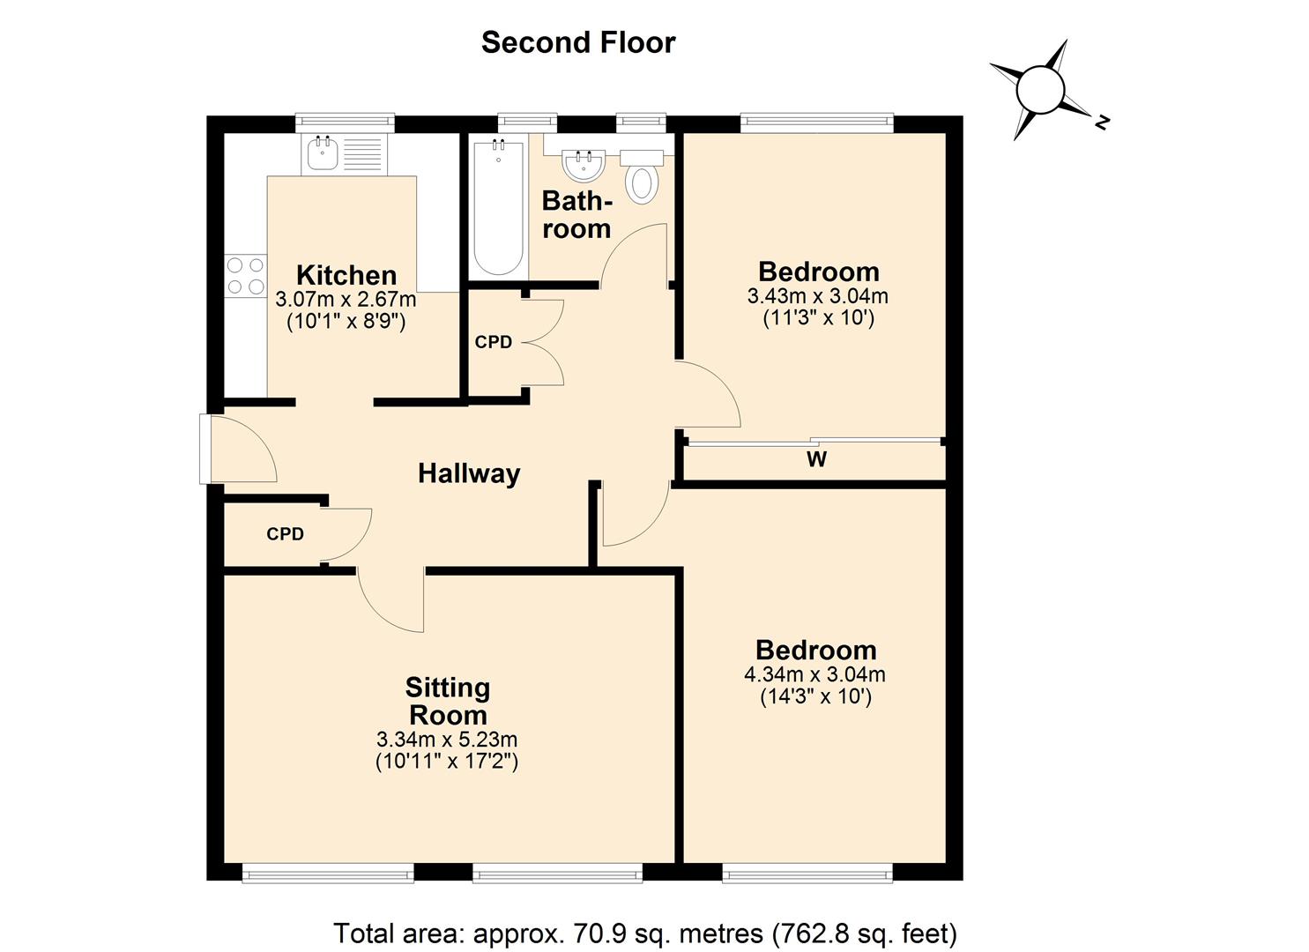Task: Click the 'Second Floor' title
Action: [577, 42]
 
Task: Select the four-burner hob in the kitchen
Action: [245, 275]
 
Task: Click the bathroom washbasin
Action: [583, 163]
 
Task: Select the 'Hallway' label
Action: [468, 473]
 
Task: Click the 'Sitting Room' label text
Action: [447, 701]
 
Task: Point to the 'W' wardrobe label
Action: [816, 459]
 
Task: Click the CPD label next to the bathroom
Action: [493, 342]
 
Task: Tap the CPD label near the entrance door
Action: [285, 534]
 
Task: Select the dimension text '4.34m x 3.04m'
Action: [814, 675]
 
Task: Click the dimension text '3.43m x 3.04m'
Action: [817, 296]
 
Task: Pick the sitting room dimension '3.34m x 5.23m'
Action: [446, 739]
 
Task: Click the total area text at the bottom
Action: [644, 933]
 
